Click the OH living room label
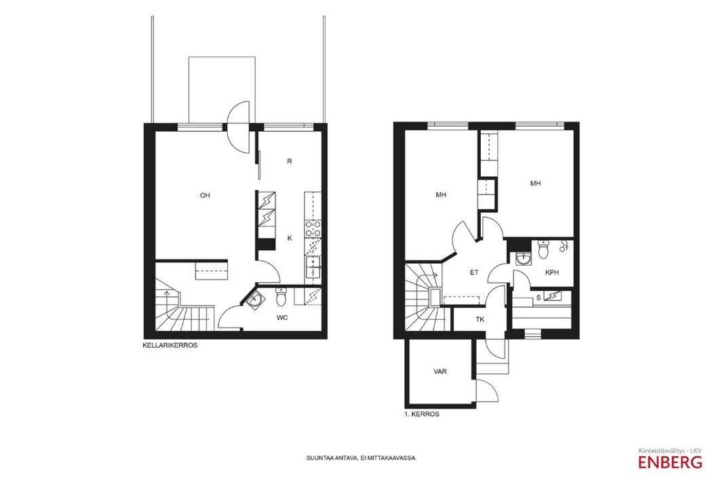(205, 195)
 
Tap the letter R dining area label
(290, 161)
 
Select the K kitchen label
(290, 238)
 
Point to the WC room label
(282, 317)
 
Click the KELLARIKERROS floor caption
(171, 344)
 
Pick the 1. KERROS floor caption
(421, 414)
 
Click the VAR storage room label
(440, 371)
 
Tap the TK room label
(480, 319)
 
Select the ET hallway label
(474, 273)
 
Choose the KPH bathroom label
(552, 273)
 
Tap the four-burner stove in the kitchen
(313, 229)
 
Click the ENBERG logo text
(670, 462)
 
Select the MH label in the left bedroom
(441, 195)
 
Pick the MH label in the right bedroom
(535, 184)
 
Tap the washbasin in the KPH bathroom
(523, 260)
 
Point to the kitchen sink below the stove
(313, 268)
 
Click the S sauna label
(538, 298)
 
